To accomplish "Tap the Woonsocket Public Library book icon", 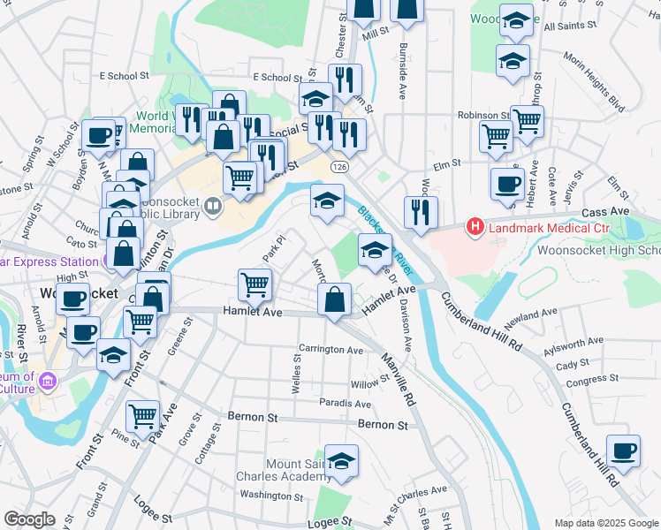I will pos(212,208).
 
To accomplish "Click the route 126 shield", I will pos(339,166).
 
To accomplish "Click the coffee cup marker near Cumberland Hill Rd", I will pos(623,450).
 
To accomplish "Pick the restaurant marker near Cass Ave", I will pos(421,212).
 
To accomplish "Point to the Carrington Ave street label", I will pos(331,350).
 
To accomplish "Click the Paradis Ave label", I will pos(346,403).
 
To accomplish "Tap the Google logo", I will pos(30,519).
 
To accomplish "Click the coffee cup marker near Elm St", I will pos(507,184).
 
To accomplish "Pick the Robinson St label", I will pos(483,116).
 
